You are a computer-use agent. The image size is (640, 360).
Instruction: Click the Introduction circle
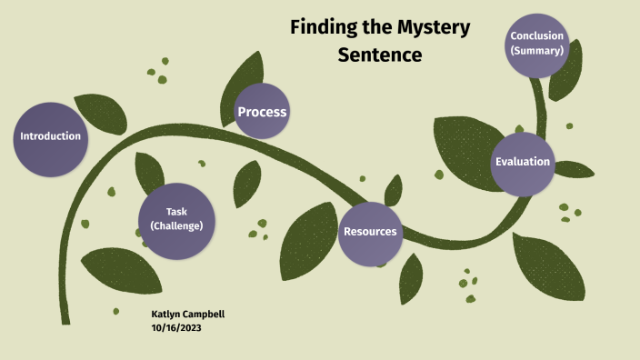click(51, 136)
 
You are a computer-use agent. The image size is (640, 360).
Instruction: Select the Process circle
click(262, 112)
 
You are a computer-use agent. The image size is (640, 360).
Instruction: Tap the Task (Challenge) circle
click(177, 219)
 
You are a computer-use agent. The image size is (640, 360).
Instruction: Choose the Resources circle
click(369, 231)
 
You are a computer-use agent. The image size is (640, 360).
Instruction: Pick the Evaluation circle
click(523, 162)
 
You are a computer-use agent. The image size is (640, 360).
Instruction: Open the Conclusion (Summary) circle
click(537, 44)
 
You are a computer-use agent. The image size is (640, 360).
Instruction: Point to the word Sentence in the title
click(380, 55)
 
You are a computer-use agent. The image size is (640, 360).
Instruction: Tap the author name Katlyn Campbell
click(188, 315)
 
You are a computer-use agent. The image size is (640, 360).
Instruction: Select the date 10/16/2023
click(176, 328)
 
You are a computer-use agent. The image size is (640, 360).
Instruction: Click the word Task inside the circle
click(176, 212)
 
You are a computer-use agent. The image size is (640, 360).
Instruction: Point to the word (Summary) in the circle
click(537, 51)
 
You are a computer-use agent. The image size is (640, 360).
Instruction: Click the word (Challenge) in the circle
click(176, 226)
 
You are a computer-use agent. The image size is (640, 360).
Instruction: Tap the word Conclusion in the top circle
click(537, 36)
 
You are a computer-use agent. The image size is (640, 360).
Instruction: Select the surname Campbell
click(204, 315)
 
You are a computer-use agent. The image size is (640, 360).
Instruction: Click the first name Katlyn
click(166, 315)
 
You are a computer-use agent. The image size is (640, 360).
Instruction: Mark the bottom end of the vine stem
click(65, 320)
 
